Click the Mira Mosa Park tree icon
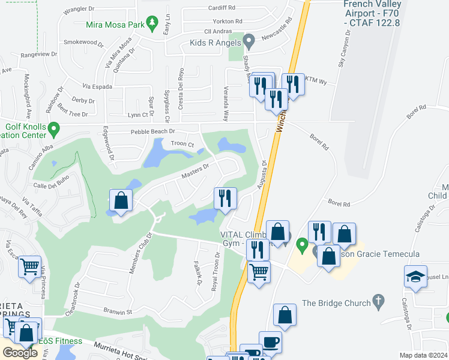click(x=153, y=25)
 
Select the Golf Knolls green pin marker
click(x=54, y=128)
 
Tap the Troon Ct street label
click(x=182, y=144)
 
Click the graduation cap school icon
click(x=415, y=277)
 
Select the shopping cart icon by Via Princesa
click(x=29, y=266)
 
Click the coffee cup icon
click(x=270, y=341)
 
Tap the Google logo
click(x=20, y=352)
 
